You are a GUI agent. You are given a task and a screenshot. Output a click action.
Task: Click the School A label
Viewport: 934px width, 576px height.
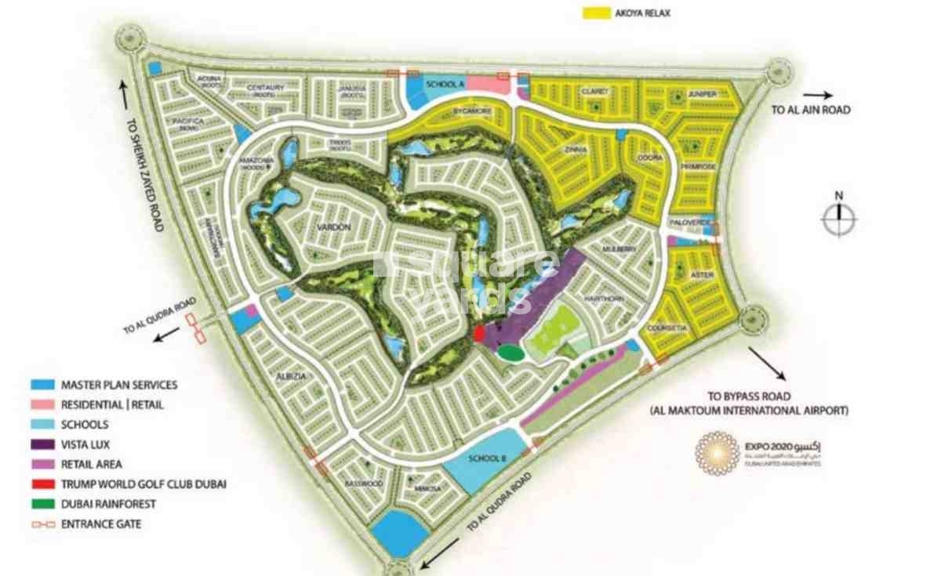tap(441, 84)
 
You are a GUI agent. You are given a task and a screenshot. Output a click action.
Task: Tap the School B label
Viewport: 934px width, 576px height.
tap(485, 459)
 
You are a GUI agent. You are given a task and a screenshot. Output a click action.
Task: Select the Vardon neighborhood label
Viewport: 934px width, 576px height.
tap(333, 227)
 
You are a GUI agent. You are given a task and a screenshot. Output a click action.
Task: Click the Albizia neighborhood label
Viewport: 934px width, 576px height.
tap(290, 376)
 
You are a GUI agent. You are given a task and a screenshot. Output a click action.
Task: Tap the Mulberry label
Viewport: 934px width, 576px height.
tap(616, 248)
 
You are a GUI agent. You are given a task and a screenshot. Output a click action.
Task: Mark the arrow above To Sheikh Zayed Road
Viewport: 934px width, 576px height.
tap(124, 92)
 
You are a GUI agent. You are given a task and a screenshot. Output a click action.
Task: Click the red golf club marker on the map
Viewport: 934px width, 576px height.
tap(480, 334)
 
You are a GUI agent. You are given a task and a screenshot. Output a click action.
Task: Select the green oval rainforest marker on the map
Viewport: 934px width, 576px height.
tap(511, 353)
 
